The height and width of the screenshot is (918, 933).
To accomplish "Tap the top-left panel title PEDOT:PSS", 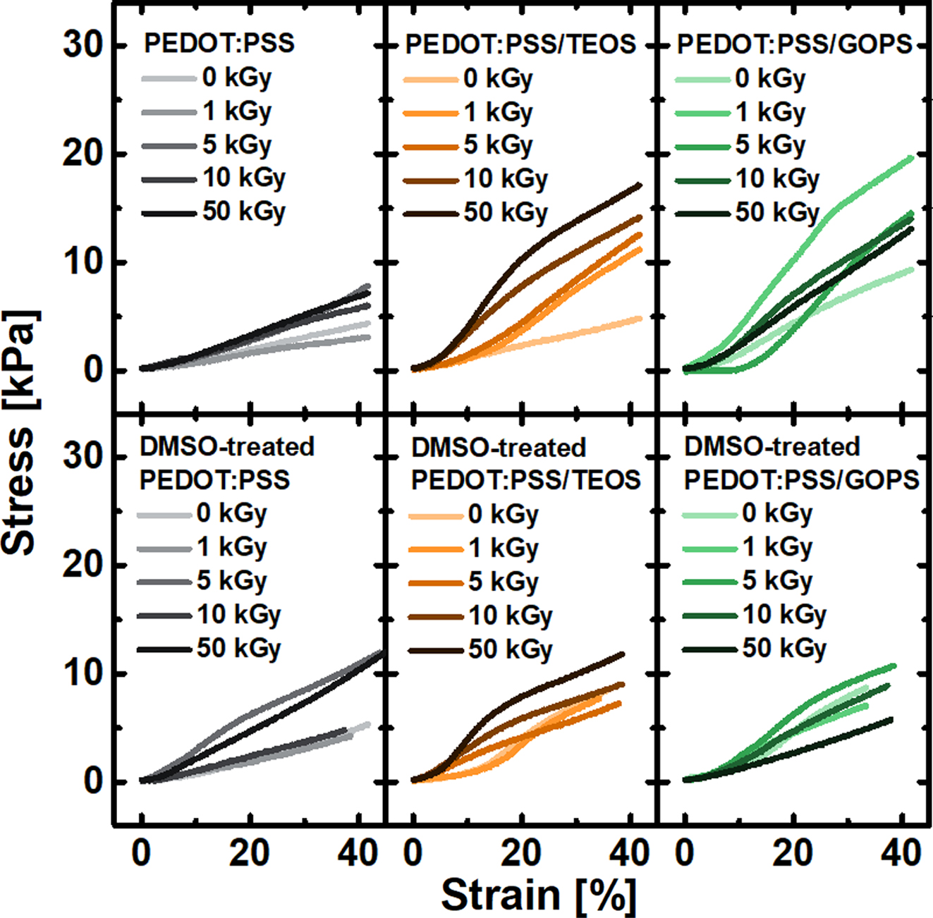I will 219,43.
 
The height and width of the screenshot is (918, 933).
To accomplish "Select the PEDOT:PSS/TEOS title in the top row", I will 520,44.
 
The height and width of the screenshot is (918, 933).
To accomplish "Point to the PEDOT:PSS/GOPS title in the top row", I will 795,44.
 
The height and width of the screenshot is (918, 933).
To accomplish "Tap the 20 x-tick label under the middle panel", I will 520,854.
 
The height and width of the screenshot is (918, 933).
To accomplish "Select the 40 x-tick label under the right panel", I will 901,854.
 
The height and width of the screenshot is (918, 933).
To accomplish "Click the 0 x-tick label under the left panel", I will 141,854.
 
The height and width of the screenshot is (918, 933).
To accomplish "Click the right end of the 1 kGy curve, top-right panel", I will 912,158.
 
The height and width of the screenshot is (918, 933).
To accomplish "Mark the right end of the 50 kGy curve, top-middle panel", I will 640,185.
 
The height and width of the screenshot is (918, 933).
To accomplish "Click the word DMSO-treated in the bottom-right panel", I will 772,447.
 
